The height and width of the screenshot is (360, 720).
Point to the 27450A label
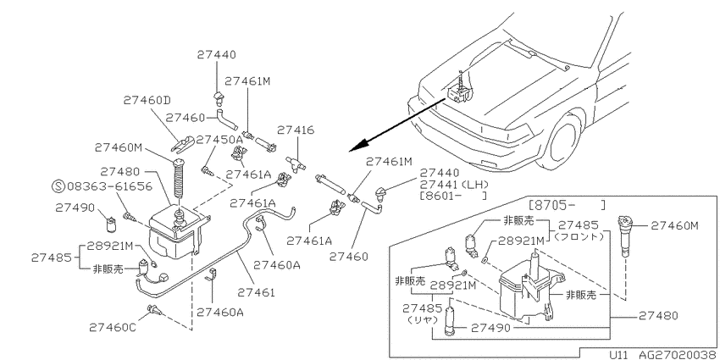click(x=219, y=140)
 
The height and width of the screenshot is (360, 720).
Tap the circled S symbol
click(x=58, y=186)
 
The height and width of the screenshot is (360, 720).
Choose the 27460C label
click(x=113, y=327)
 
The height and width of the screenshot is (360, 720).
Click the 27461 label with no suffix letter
click(x=256, y=292)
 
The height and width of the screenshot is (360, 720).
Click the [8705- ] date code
click(x=567, y=204)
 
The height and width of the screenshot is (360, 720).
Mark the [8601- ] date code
click(x=453, y=196)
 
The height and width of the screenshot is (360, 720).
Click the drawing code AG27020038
click(x=678, y=355)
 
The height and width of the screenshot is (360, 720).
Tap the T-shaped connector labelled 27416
click(x=296, y=163)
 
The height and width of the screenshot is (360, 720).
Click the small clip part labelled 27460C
click(x=154, y=311)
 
